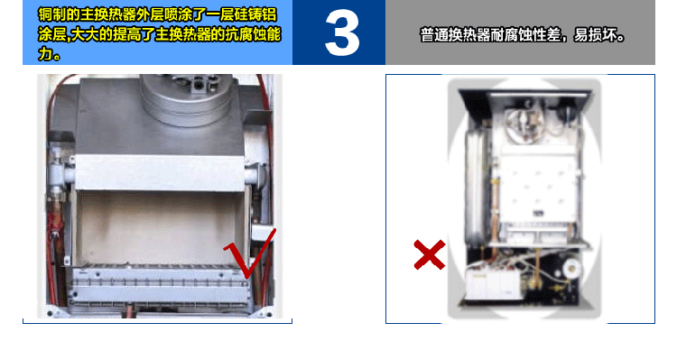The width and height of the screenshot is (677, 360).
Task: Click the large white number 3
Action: click(342, 33)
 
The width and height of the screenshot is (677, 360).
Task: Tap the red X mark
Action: click(430, 254)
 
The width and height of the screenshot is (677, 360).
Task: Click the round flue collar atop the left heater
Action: click(187, 97)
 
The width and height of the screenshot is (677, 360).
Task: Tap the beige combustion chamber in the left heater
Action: click(159, 227)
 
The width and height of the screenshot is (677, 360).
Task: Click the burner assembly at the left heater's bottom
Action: click(161, 286)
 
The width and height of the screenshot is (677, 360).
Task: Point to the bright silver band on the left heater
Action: click(160, 172)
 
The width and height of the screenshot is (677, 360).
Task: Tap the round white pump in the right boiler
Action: click(572, 268)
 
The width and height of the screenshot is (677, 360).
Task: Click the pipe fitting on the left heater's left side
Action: click(57, 172)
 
